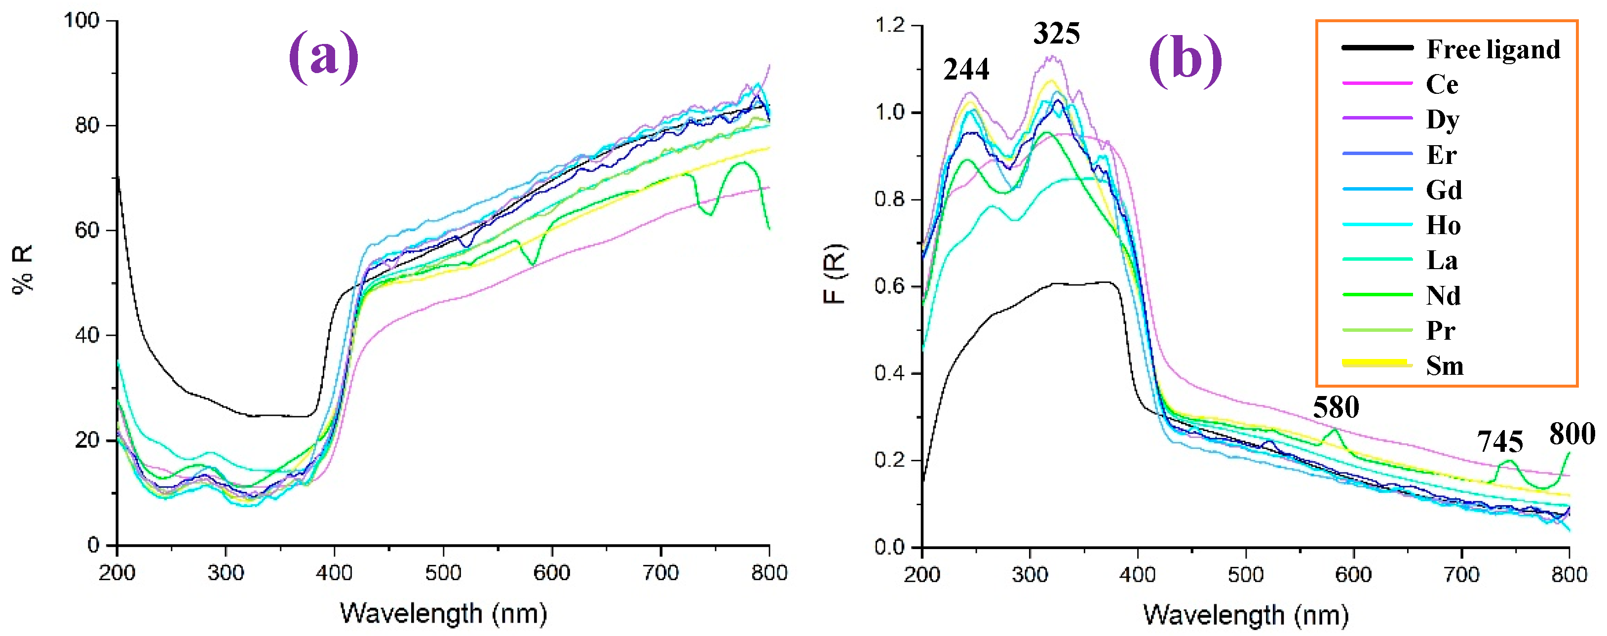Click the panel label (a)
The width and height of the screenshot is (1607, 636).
tap(323, 57)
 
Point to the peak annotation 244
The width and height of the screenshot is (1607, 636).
tap(966, 69)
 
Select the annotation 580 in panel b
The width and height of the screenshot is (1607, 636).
tap(1336, 407)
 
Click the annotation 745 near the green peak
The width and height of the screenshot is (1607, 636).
tap(1500, 442)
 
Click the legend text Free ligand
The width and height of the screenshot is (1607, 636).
tap(1493, 49)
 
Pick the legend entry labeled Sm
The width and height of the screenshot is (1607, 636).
tap(1444, 366)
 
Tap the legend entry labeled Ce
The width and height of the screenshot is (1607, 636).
tap(1442, 84)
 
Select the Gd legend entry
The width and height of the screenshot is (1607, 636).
tap(1444, 190)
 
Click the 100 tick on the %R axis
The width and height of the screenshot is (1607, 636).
tap(82, 21)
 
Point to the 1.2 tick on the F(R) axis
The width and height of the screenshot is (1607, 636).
tap(889, 26)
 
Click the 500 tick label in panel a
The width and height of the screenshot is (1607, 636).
tap(443, 572)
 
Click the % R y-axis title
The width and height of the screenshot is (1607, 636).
tap(23, 270)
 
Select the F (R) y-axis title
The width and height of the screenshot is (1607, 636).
tap(834, 275)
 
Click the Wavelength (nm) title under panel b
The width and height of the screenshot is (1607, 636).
tap(1245, 615)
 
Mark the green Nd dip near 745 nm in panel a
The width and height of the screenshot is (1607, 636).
tap(709, 213)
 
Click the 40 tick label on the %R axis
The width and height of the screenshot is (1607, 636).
tap(87, 335)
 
